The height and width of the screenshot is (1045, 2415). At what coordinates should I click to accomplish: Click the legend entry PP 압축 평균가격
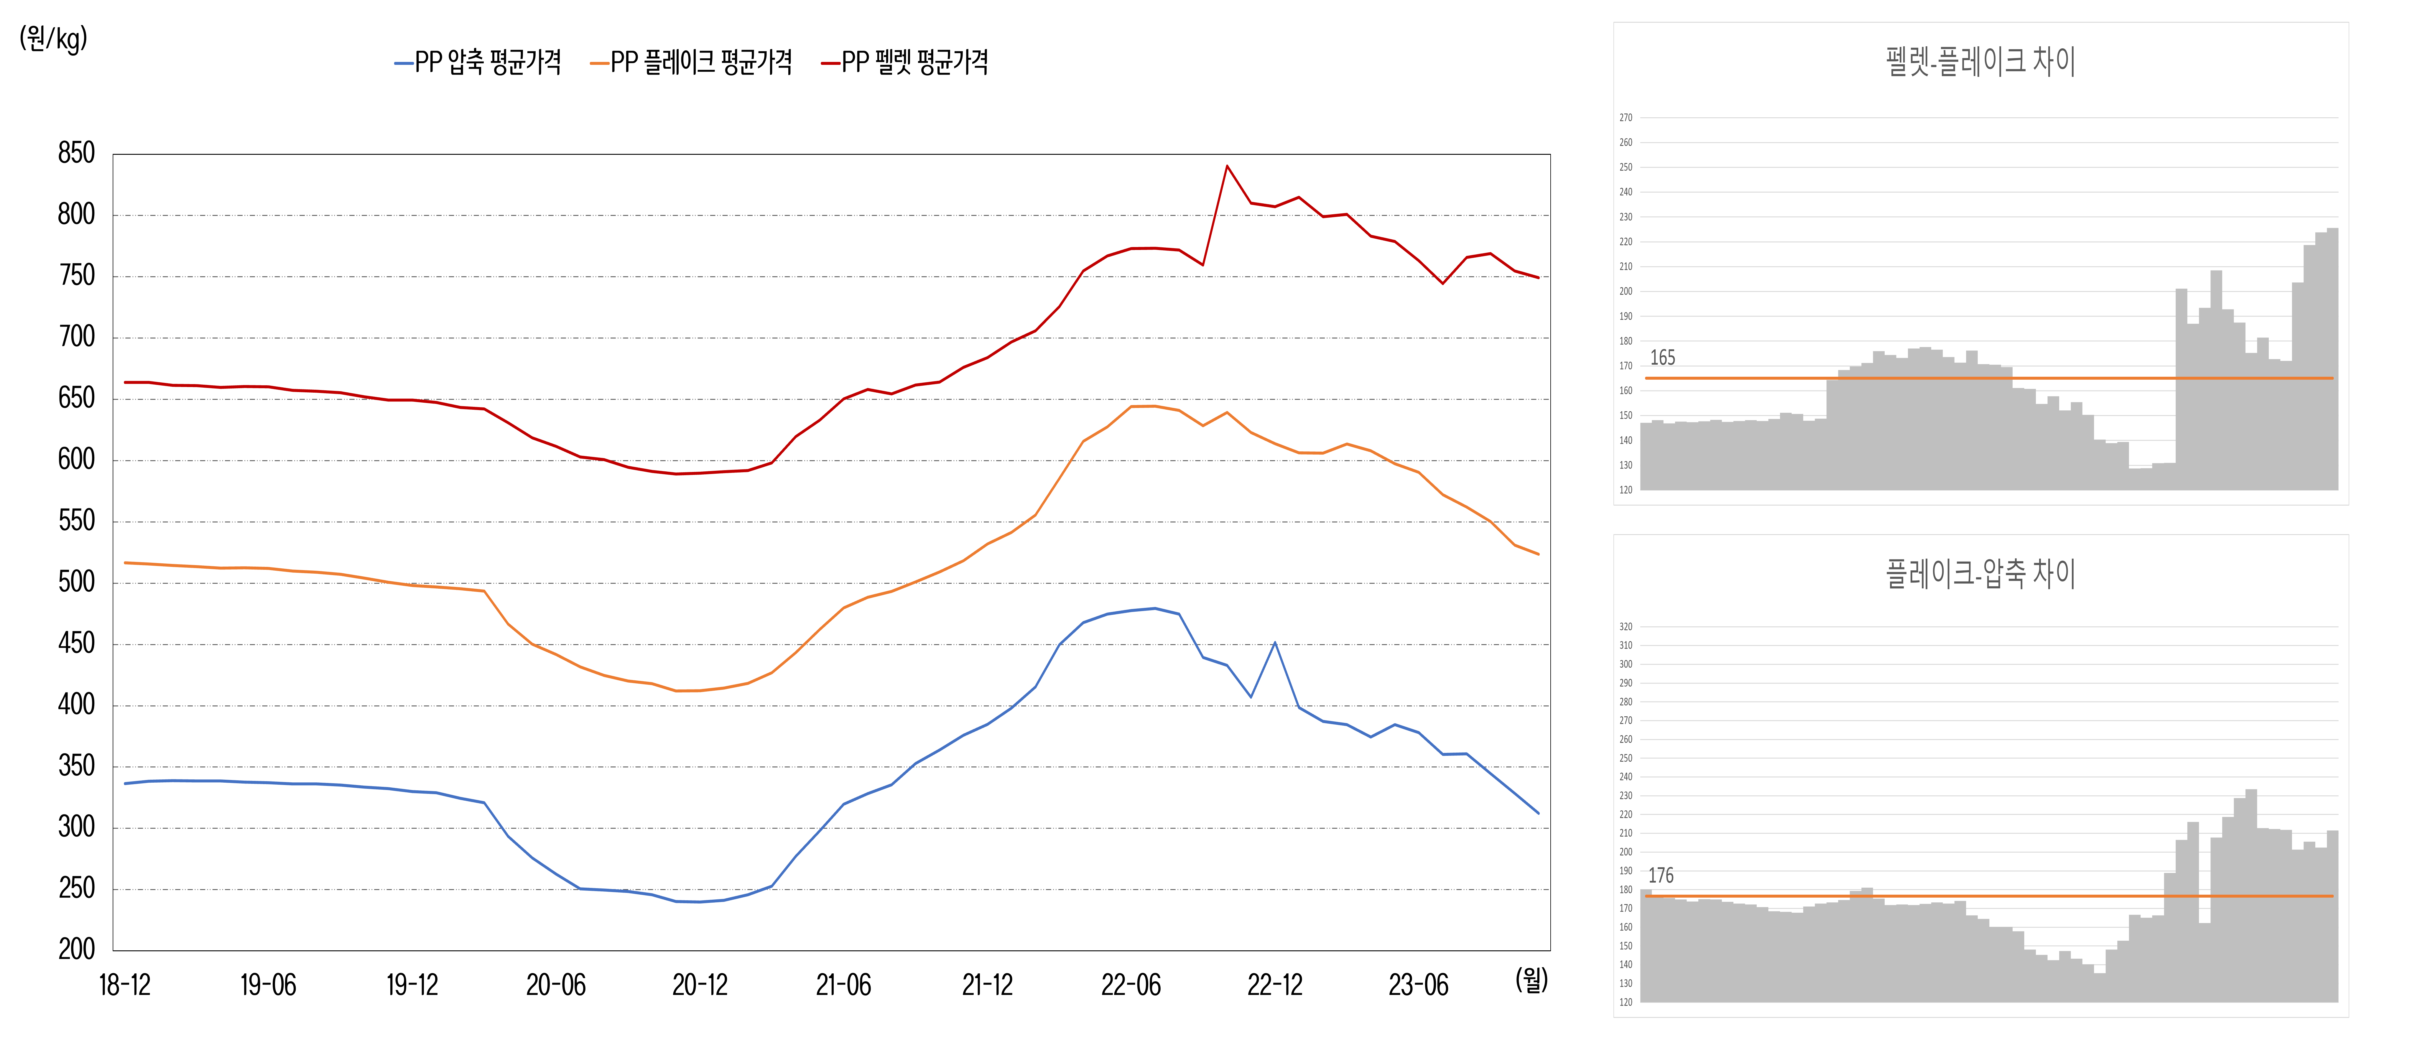(478, 62)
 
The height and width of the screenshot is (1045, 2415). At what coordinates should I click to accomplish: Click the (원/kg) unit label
(53, 38)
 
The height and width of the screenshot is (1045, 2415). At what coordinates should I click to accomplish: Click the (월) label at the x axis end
(1532, 980)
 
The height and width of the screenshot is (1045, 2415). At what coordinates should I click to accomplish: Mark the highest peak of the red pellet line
(1227, 166)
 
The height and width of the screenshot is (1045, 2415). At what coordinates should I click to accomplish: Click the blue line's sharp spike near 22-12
(1275, 643)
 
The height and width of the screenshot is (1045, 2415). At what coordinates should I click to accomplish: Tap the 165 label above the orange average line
(1662, 358)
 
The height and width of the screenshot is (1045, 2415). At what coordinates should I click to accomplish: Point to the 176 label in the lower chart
(1660, 876)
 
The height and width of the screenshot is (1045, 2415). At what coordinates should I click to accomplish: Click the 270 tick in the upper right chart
(1626, 118)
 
